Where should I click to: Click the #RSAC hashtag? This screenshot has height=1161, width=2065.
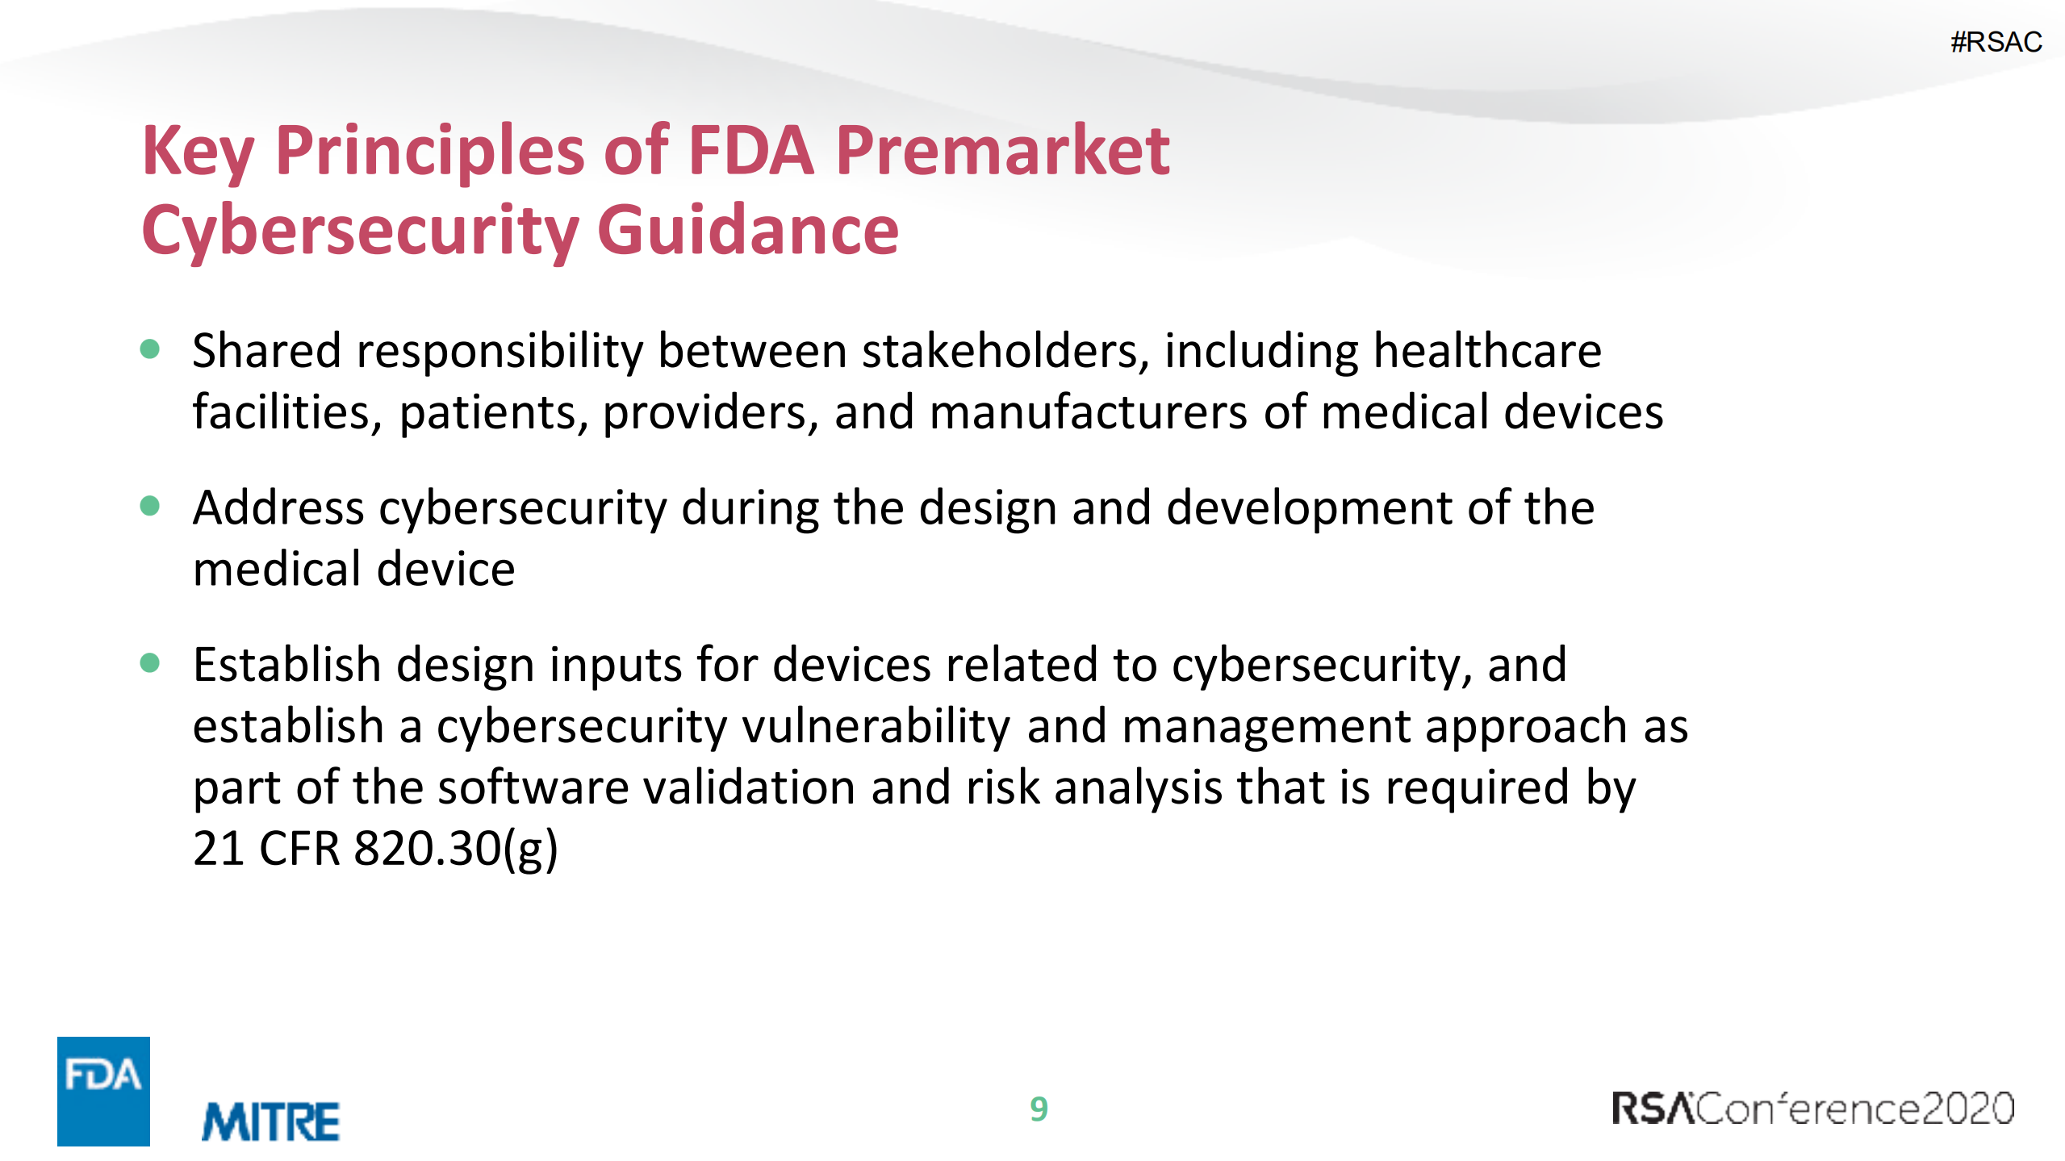(x=1996, y=42)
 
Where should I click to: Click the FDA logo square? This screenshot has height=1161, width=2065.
(x=103, y=1090)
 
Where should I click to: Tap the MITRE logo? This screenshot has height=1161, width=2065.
(x=270, y=1121)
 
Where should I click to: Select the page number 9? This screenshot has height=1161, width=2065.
(x=1039, y=1109)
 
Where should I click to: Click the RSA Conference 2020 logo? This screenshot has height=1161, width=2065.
(x=1812, y=1109)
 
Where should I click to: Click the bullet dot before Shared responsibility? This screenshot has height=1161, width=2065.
(x=150, y=349)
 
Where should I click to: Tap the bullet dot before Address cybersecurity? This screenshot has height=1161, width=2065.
(x=150, y=506)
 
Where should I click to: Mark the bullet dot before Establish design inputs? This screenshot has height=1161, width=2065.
(x=150, y=663)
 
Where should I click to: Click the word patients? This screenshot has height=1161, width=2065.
(x=494, y=413)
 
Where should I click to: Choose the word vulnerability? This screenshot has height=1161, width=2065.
(x=876, y=726)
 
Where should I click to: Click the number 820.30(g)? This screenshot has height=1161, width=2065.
(x=456, y=849)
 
